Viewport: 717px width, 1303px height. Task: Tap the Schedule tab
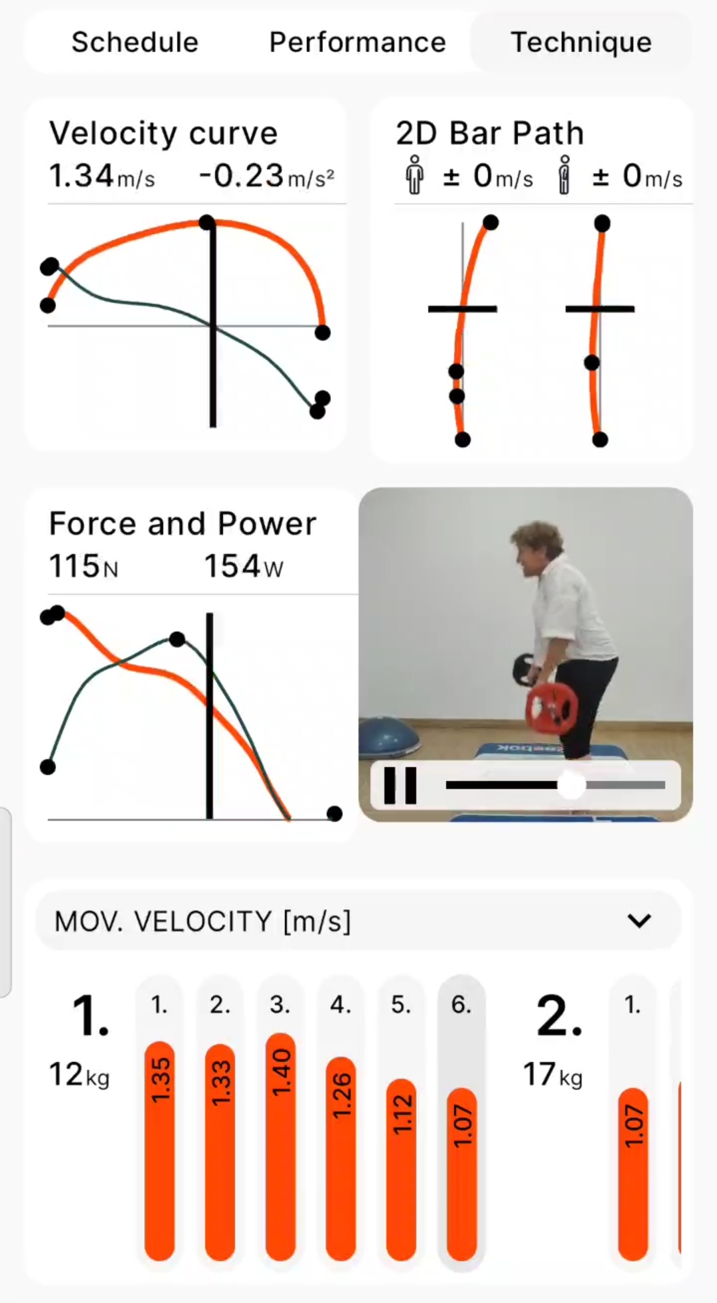[135, 43]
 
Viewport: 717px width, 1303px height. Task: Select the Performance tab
[357, 43]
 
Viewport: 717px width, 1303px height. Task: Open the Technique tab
[581, 43]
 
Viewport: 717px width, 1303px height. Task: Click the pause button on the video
[400, 785]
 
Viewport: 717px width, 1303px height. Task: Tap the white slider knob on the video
[570, 785]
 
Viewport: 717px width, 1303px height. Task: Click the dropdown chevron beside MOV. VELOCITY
[639, 921]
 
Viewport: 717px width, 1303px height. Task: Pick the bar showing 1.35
[159, 1151]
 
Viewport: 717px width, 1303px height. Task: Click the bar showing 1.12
[401, 1170]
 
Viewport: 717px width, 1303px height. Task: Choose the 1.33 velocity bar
[220, 1152]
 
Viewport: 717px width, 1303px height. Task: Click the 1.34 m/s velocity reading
[102, 177]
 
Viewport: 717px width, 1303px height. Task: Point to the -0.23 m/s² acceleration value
[266, 177]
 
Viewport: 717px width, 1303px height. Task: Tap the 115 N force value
[84, 566]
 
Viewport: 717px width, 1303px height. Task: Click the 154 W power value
[243, 566]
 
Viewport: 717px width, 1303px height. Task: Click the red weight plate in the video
[551, 707]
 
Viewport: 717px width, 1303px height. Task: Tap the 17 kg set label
[552, 1074]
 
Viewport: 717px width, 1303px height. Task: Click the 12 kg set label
[79, 1074]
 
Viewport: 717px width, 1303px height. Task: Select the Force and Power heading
[183, 523]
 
